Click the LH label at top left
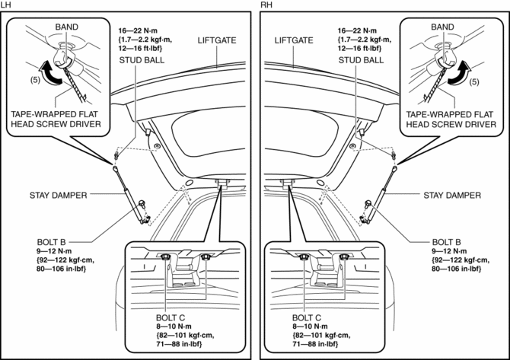6,5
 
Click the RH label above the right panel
265,5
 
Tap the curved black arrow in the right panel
460,74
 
